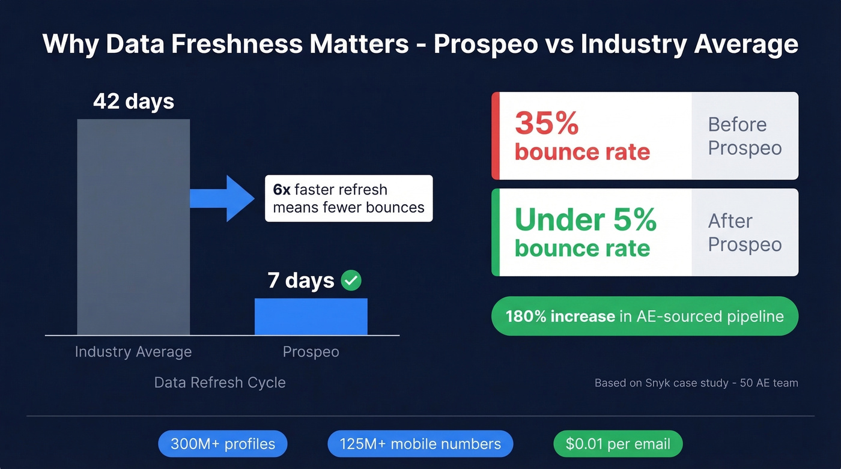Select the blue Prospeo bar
click(311, 316)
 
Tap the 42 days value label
click(133, 101)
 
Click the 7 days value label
click(300, 280)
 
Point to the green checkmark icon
click(351, 280)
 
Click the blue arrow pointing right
click(222, 198)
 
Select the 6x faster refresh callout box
click(348, 198)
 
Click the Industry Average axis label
click(133, 352)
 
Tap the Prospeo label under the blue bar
click(311, 352)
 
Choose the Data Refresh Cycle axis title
click(220, 383)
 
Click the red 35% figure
click(547, 123)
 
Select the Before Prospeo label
click(744, 136)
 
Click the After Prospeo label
click(744, 232)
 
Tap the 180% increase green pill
click(645, 316)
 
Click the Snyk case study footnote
click(696, 383)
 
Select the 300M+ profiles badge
click(223, 444)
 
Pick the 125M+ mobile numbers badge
click(420, 444)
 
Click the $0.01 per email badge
click(618, 444)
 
